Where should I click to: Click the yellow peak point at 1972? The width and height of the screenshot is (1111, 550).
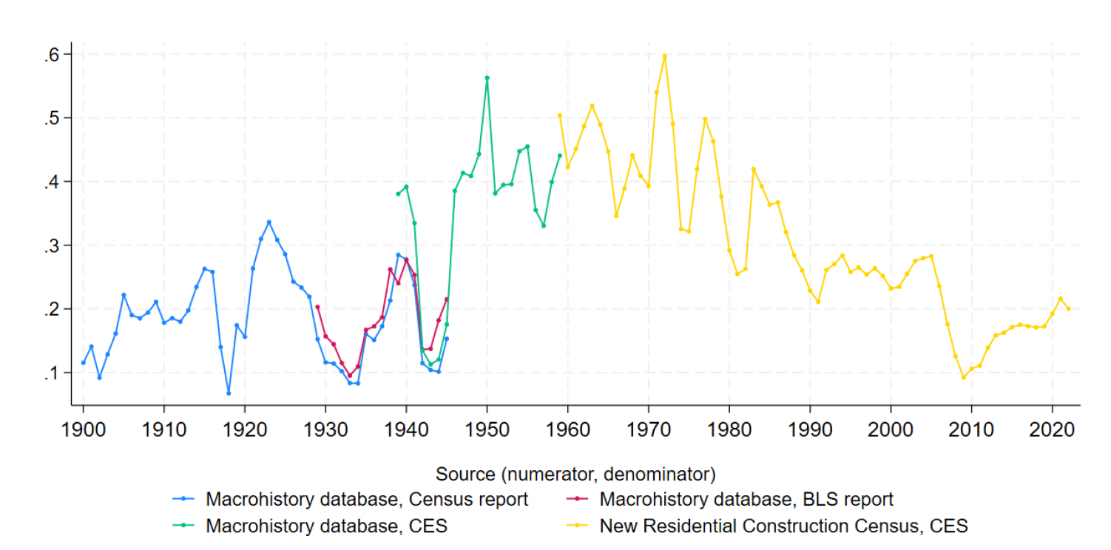665,56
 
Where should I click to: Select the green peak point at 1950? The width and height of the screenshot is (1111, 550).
487,78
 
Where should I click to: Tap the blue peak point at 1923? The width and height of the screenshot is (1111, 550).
269,223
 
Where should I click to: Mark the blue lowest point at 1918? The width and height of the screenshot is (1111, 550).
229,393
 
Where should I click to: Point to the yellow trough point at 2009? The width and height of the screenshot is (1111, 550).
964,378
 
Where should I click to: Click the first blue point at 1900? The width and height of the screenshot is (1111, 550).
84,363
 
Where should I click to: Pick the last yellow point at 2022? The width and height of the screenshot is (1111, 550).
1068,309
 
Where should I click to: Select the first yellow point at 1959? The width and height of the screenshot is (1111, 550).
560,115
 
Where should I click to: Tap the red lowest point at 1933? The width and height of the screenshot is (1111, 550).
350,376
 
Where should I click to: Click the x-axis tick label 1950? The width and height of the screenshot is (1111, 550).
487,430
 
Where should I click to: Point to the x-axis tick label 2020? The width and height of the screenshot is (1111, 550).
1052,430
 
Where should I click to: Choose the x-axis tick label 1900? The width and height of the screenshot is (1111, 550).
84,430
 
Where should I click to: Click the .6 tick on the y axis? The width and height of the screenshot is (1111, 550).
52,55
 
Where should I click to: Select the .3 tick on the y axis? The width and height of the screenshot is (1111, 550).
52,245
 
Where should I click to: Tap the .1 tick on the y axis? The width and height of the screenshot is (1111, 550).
52,373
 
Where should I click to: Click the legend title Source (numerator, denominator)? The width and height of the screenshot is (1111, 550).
575,475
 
